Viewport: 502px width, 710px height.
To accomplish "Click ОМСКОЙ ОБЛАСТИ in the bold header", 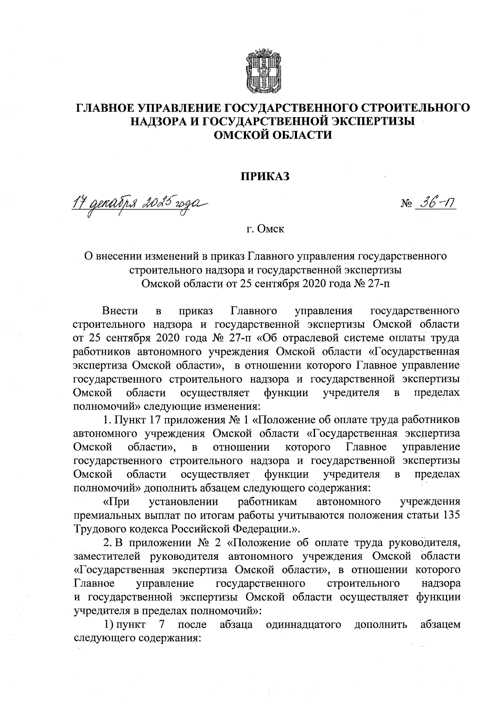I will (273, 135).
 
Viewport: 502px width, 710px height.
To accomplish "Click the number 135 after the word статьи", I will (451, 515).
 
